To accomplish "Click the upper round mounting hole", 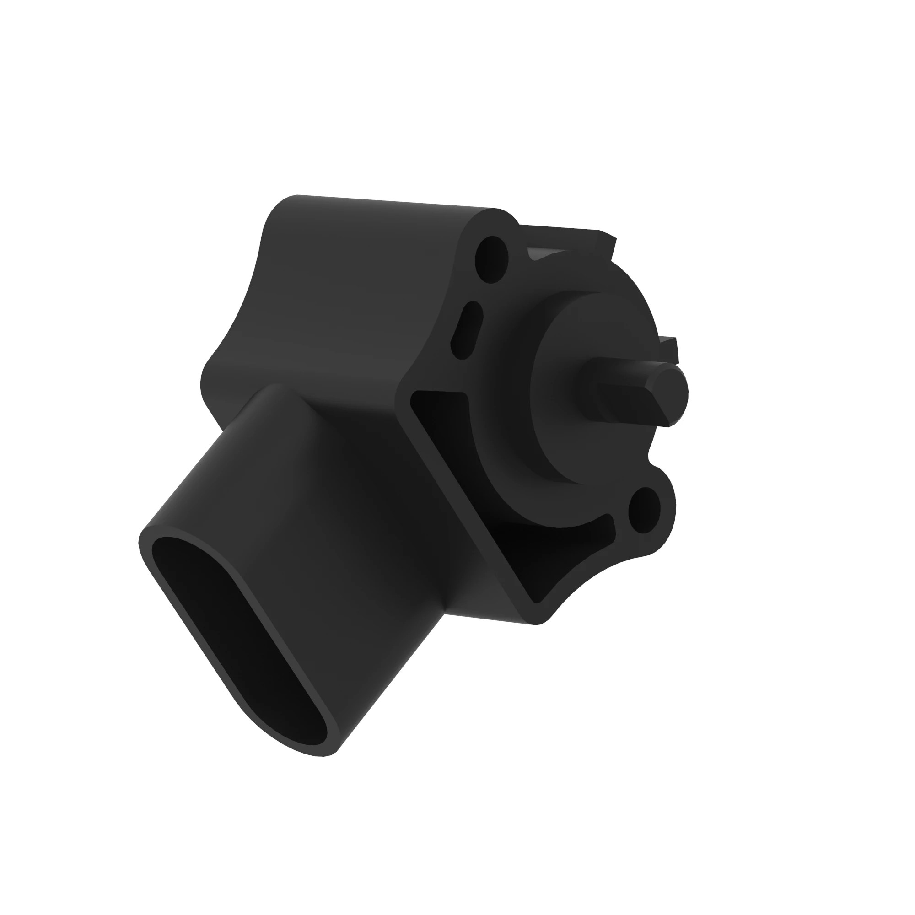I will (x=492, y=259).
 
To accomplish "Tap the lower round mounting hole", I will (x=644, y=512).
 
